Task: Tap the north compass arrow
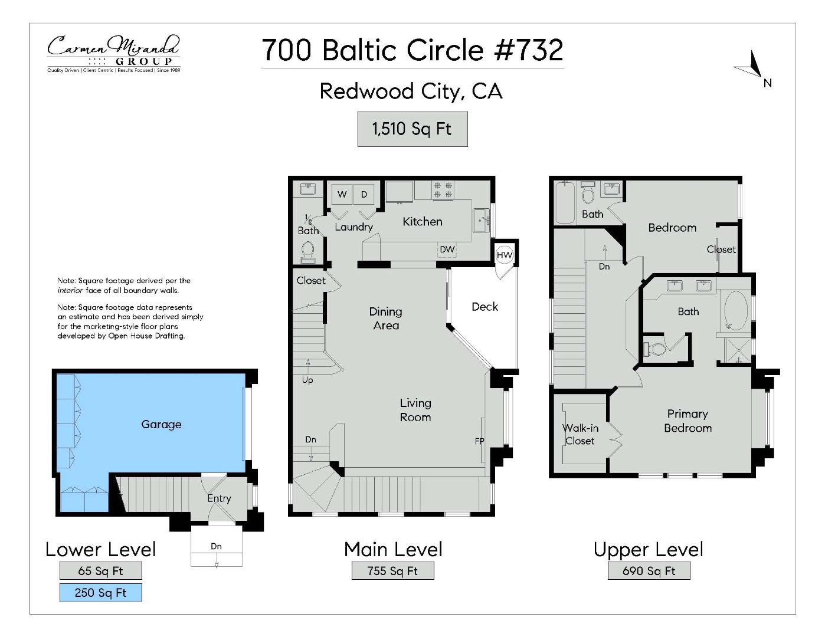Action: (752, 66)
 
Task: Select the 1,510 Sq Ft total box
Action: (412, 129)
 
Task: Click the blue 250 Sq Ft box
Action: (100, 593)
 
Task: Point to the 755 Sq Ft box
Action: (392, 571)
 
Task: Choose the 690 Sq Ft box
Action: (649, 571)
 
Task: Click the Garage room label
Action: (161, 424)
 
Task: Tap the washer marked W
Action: (342, 194)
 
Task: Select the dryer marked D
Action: (364, 194)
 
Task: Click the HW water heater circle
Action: (505, 255)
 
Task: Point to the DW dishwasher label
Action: (447, 249)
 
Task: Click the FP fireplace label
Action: (480, 441)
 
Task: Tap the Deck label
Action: (484, 307)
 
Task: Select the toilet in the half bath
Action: (307, 252)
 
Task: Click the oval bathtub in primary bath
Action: (735, 310)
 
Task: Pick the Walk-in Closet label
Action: (580, 435)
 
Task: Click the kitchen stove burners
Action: (443, 189)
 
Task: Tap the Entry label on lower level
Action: (219, 498)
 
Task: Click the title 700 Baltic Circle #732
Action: (412, 50)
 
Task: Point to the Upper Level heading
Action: (648, 549)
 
